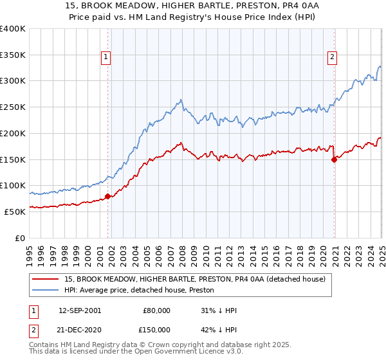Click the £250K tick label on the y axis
(13, 107)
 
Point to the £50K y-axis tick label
(15, 212)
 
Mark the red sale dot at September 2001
(107, 196)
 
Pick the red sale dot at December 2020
(334, 160)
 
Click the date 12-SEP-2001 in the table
(79, 310)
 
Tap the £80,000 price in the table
(156, 310)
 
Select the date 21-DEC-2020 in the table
(79, 330)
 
